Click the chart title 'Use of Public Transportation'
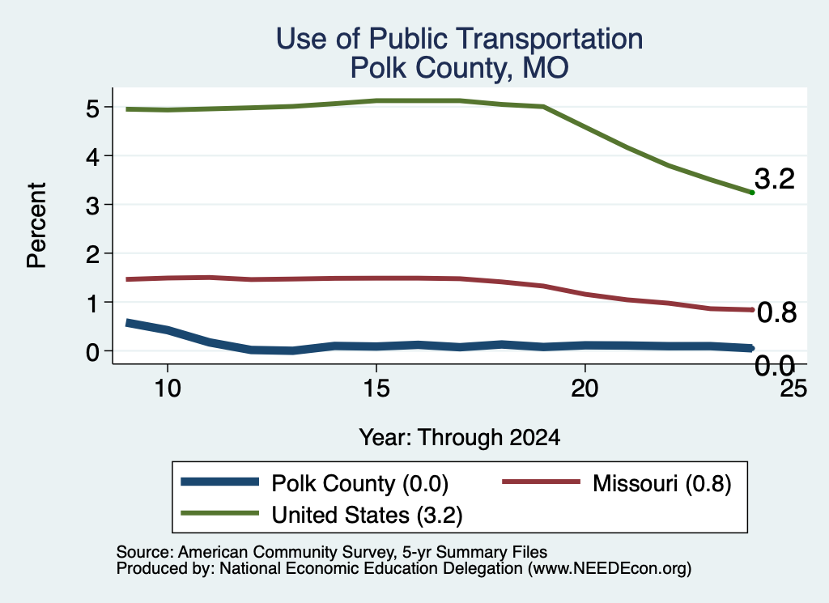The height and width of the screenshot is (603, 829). tap(460, 39)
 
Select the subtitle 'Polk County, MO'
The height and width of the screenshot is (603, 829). tap(460, 68)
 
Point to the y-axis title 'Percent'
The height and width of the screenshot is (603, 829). tap(36, 225)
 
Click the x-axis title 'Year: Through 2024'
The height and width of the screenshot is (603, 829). tap(460, 438)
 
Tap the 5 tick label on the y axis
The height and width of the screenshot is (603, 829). tap(92, 108)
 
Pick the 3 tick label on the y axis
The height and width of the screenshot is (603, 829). tap(92, 206)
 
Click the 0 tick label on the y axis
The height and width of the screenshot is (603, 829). tap(92, 352)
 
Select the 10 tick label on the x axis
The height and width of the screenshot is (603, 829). tap(168, 389)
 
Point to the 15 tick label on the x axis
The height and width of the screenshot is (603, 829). tap(376, 389)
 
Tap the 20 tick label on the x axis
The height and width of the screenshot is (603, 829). tap(585, 389)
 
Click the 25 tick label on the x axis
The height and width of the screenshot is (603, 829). tap(793, 389)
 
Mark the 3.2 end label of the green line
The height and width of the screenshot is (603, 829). tap(775, 179)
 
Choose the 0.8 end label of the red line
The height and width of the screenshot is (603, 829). tap(776, 313)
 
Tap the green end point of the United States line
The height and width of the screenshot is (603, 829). tap(752, 193)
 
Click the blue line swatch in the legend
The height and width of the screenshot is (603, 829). tap(220, 482)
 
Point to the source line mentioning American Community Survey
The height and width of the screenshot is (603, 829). tap(331, 552)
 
